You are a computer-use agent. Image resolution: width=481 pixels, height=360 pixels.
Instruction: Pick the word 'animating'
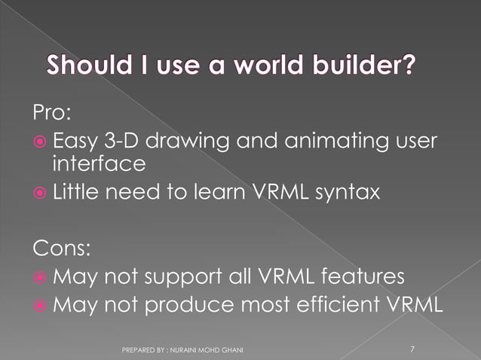point(307,141)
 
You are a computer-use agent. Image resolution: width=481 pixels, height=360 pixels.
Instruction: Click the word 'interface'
point(98,163)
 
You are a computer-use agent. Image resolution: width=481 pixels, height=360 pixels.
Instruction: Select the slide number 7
point(412,349)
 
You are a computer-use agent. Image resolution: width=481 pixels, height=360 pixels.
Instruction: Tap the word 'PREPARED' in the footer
point(137,350)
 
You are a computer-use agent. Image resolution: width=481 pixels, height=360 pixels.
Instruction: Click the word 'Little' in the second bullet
point(74,194)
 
